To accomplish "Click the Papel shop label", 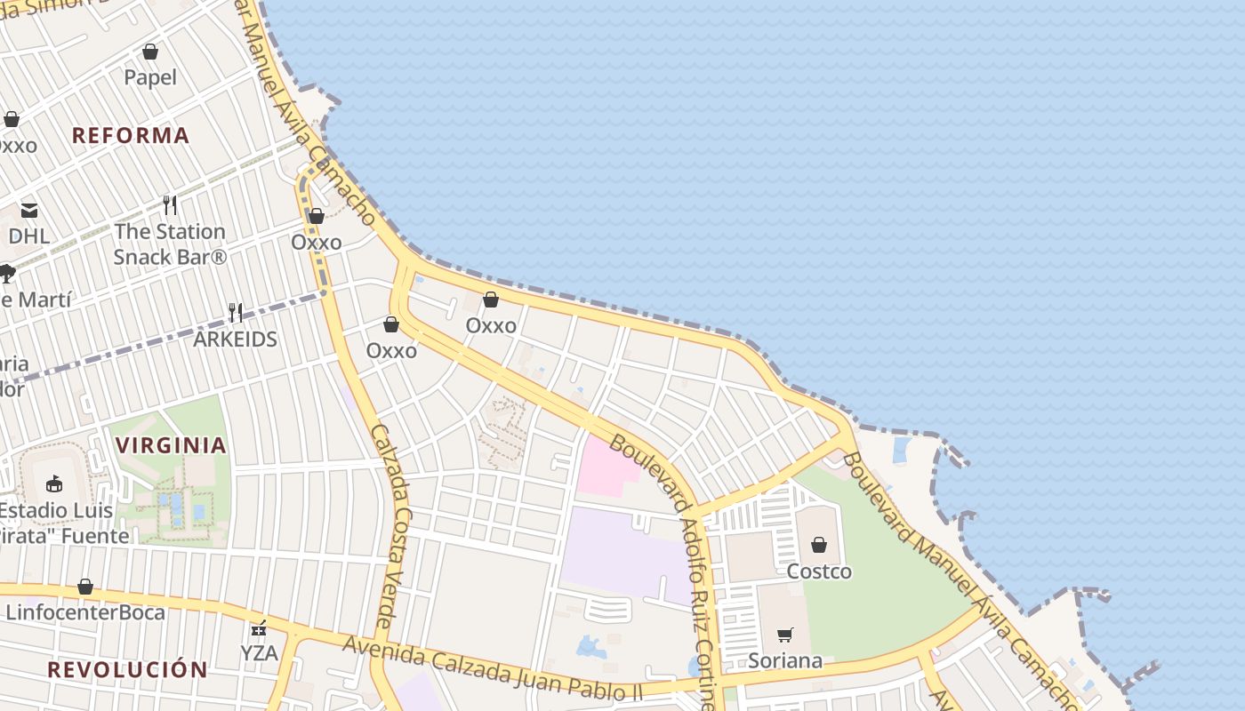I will (150, 77).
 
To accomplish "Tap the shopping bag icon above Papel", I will (150, 52).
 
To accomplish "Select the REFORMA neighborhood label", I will (131, 135).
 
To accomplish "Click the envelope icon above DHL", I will (29, 211).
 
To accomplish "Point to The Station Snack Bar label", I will (170, 244).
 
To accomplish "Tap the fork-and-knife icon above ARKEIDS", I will (236, 312).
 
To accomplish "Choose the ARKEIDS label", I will (236, 340).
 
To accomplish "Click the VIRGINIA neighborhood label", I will (171, 445).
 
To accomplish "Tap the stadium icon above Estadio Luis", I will (54, 484).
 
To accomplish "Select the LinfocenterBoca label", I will (85, 612).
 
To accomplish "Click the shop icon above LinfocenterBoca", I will (85, 587).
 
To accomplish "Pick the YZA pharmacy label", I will (259, 654).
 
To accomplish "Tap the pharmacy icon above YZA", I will (259, 629).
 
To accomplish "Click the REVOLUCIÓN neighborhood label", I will (127, 669).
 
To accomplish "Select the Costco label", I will (819, 571).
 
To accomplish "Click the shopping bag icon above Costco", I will (819, 545).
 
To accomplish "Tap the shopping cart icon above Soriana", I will (785, 635).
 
